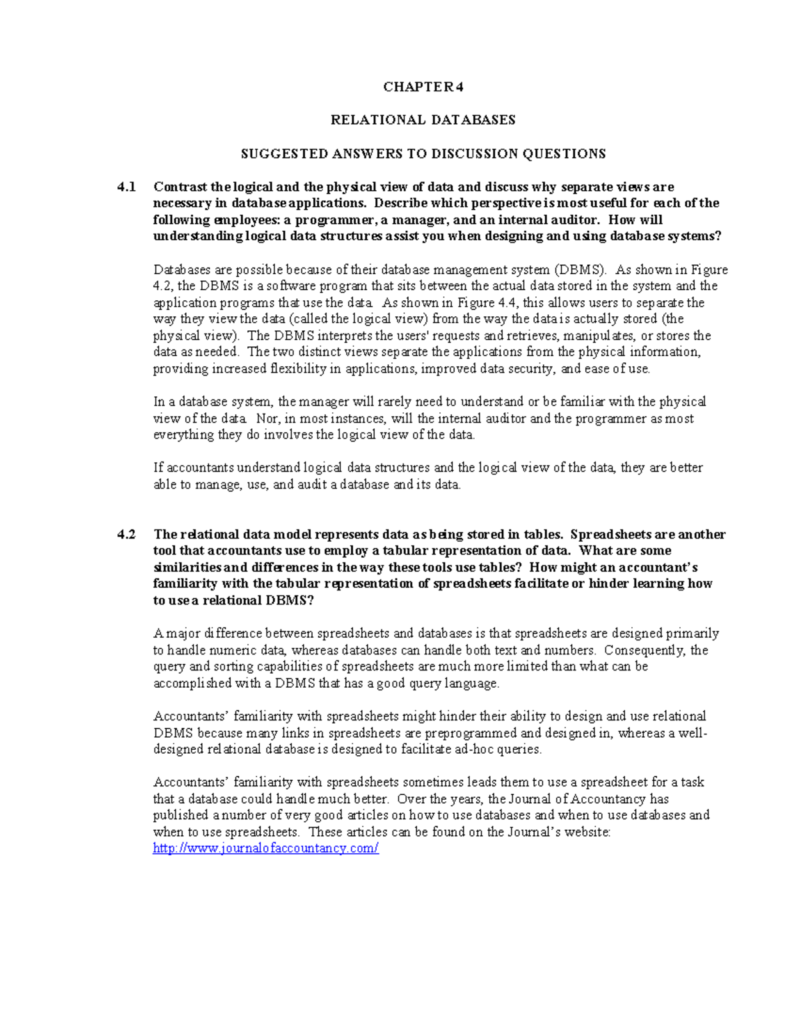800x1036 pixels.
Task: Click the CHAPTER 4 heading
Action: [x=423, y=87]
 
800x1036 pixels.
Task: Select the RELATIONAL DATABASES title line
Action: [x=423, y=120]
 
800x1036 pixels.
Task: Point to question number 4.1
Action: [x=126, y=187]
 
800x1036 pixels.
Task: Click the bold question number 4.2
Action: [x=126, y=534]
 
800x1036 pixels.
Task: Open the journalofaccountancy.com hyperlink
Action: [x=265, y=848]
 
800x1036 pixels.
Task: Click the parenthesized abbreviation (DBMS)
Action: [x=579, y=270]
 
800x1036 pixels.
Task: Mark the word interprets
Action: [x=342, y=336]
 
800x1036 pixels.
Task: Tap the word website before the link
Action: [x=585, y=832]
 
